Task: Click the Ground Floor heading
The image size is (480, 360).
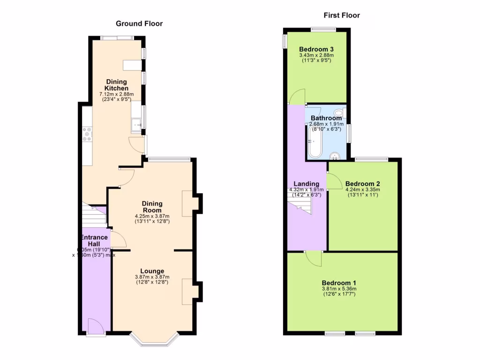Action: [139, 23]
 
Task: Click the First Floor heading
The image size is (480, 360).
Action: [342, 15]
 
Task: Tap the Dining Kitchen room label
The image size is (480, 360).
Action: [116, 85]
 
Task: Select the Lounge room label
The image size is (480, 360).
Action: [152, 271]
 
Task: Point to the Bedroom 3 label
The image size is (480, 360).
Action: [316, 49]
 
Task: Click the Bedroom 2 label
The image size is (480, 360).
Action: [362, 184]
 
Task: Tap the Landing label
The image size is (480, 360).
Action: [306, 184]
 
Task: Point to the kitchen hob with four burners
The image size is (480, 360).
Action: [87, 134]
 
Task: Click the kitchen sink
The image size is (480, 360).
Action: [136, 125]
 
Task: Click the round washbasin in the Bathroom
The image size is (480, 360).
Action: [335, 156]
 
